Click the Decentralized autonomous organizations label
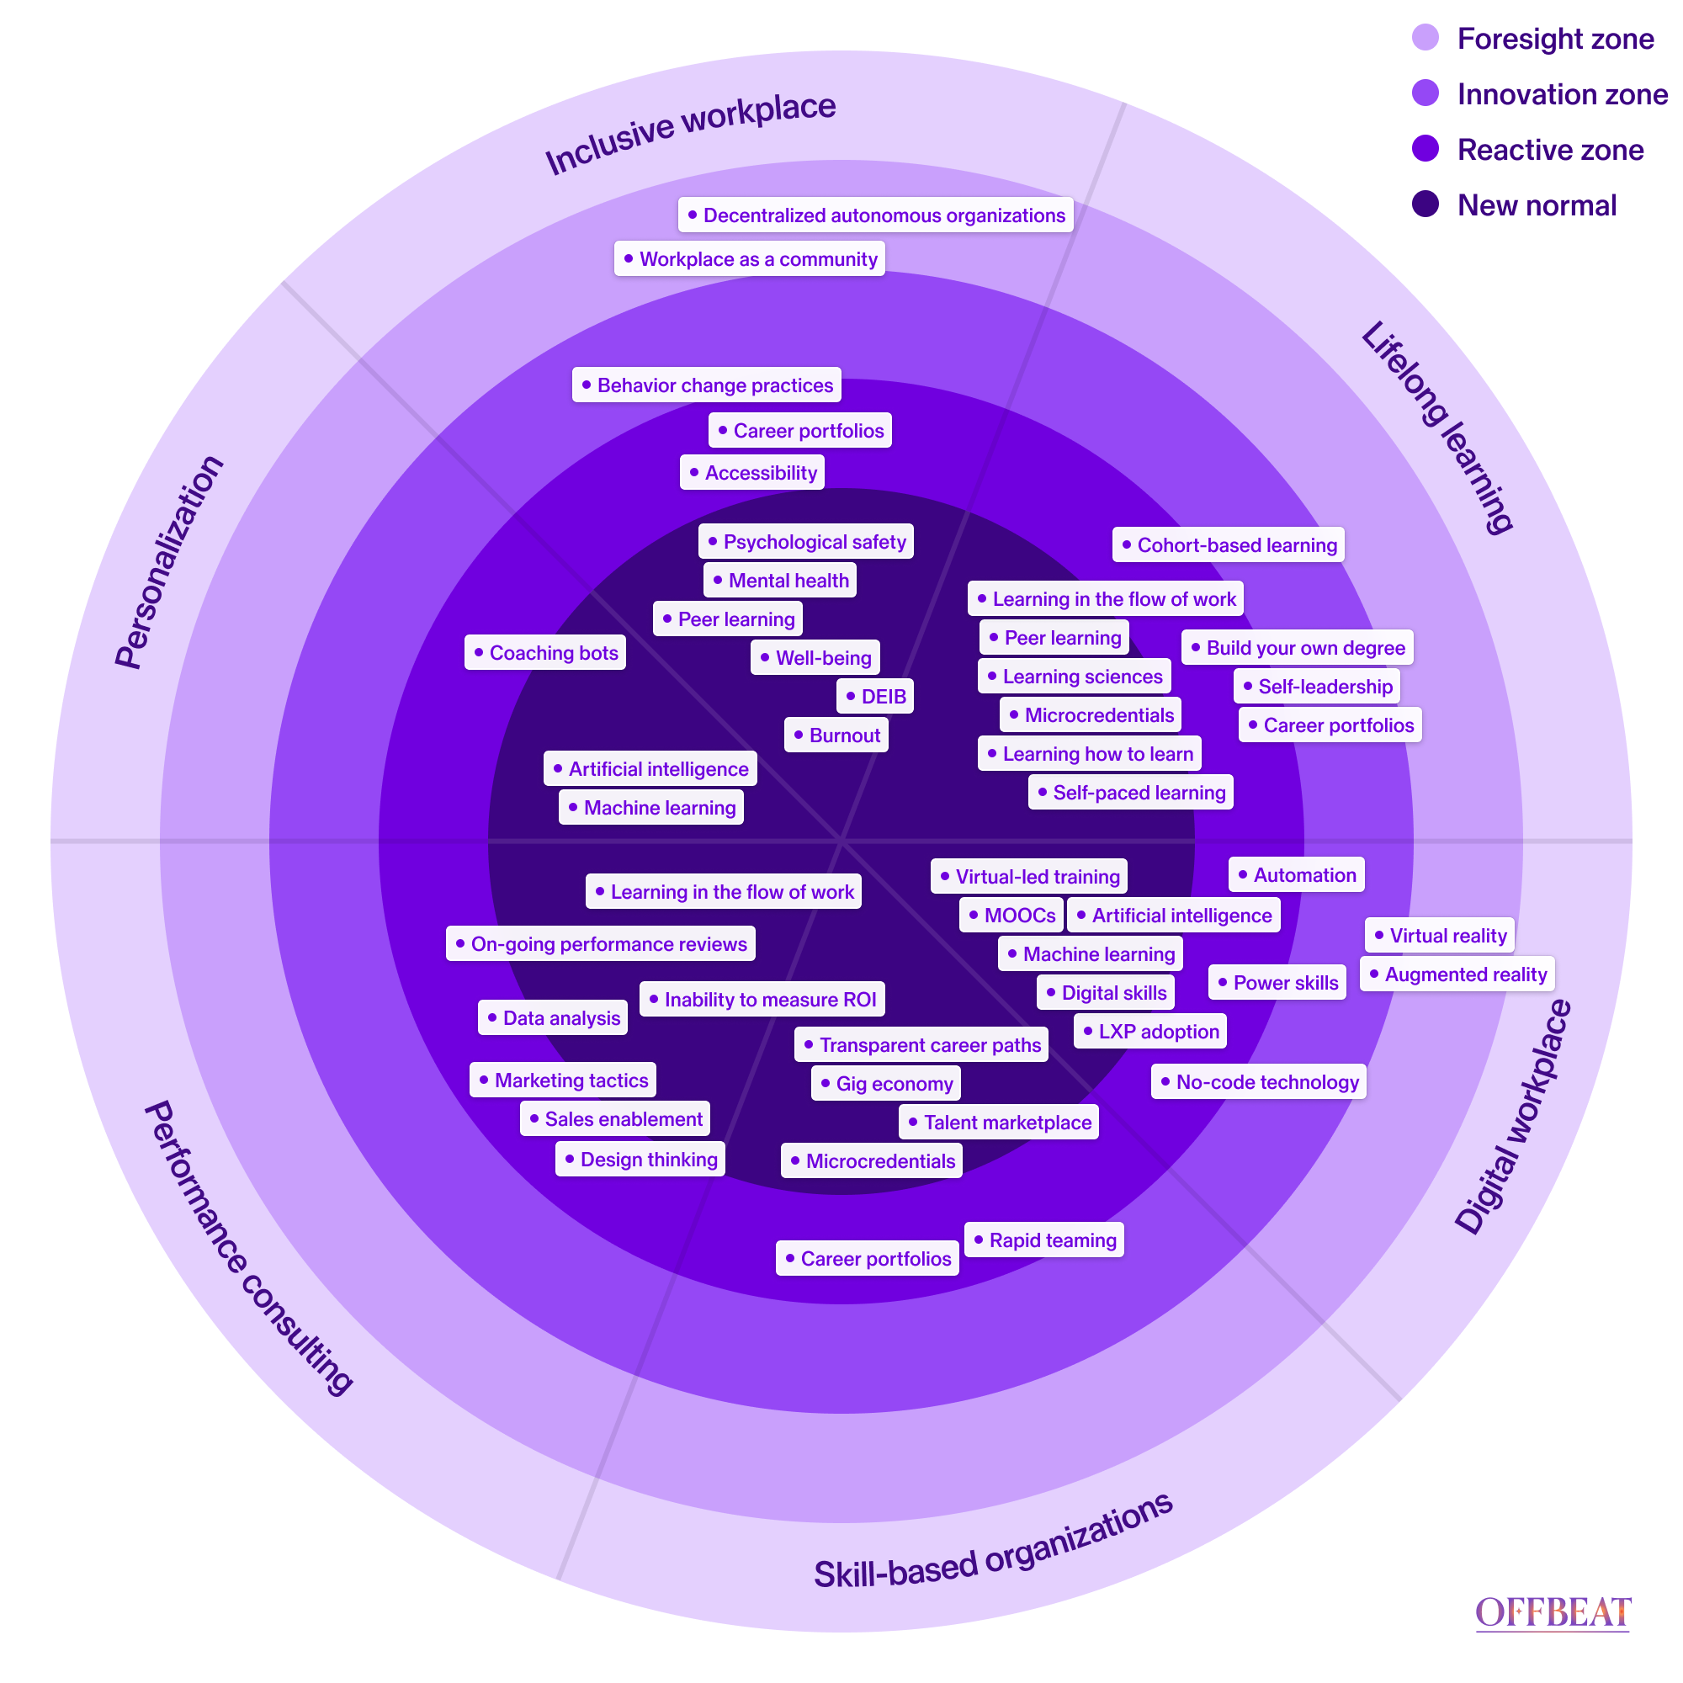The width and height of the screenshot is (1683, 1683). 875,215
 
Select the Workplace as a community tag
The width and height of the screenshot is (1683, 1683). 749,258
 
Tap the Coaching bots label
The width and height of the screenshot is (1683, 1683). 545,652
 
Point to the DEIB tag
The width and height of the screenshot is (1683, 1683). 875,696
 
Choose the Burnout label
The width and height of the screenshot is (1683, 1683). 836,735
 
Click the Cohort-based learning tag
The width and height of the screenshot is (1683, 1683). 1229,545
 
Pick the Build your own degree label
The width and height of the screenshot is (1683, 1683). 1297,647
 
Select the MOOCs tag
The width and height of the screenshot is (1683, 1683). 1011,916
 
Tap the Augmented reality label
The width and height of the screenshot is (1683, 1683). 1457,974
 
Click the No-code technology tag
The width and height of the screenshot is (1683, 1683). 1259,1082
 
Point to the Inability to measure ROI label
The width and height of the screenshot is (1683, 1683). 762,999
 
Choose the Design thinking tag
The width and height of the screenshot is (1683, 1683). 640,1160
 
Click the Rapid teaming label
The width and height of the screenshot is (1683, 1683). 1044,1240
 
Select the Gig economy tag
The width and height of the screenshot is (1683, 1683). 886,1084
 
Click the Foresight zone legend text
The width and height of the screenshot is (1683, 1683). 1555,39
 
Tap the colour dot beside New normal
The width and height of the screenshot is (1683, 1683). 1426,204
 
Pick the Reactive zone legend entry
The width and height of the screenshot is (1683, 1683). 1551,150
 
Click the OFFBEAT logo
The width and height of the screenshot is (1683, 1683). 1552,1612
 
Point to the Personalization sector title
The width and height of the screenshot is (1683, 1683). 169,562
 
